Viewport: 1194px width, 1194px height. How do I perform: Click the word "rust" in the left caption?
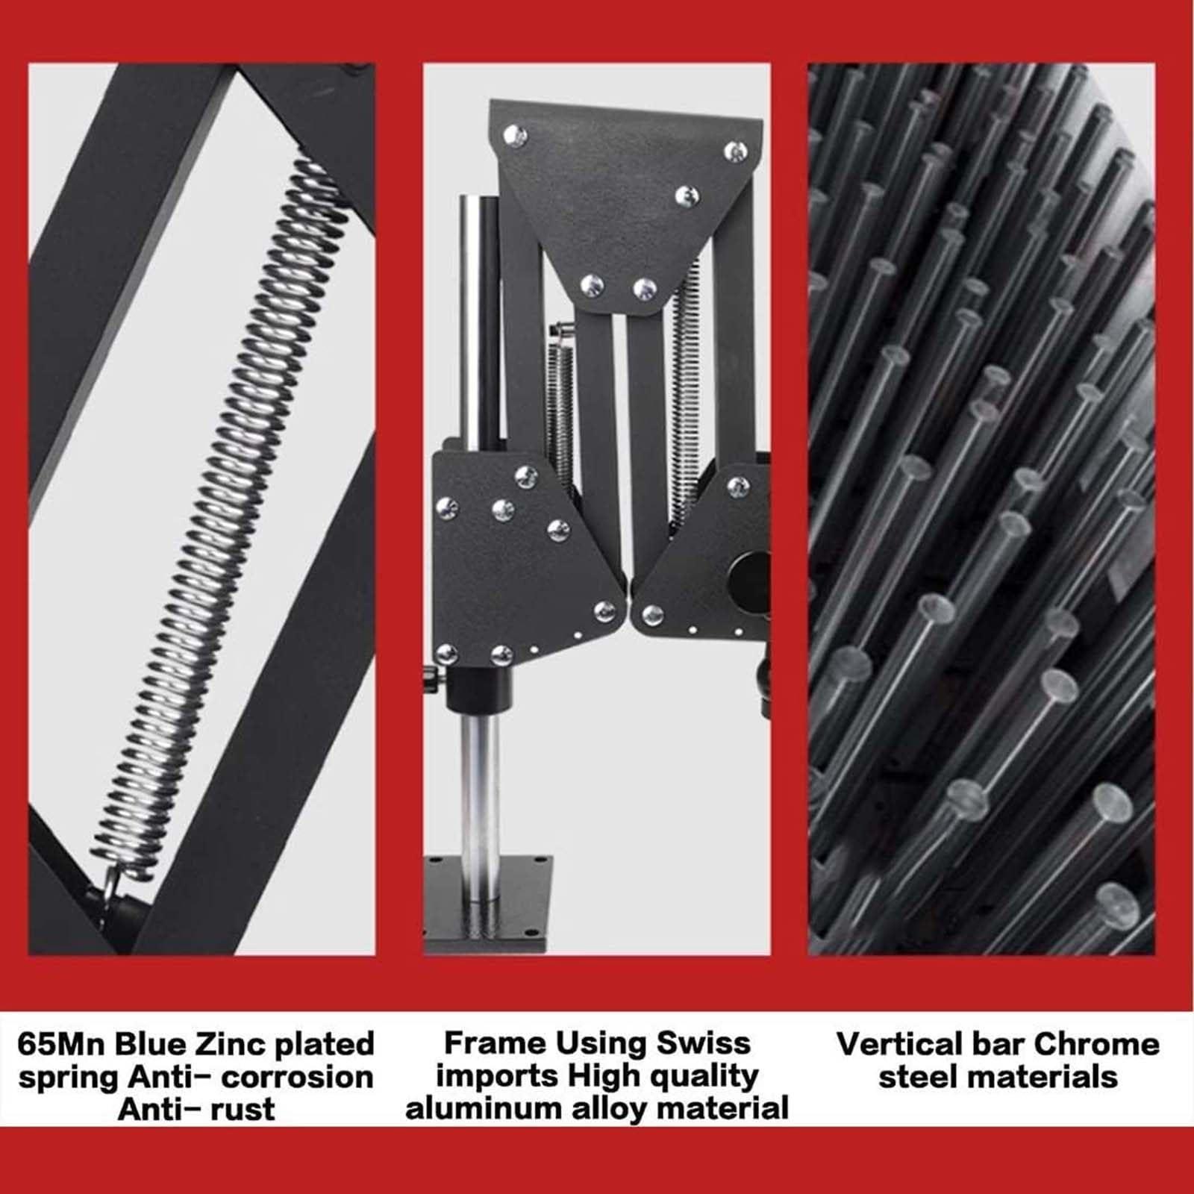click(238, 1110)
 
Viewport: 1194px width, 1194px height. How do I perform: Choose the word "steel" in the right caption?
click(917, 1077)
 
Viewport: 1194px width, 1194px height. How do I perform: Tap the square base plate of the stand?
click(489, 904)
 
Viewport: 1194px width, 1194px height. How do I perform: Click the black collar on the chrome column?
click(478, 685)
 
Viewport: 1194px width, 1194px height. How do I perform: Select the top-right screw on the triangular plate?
click(736, 151)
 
